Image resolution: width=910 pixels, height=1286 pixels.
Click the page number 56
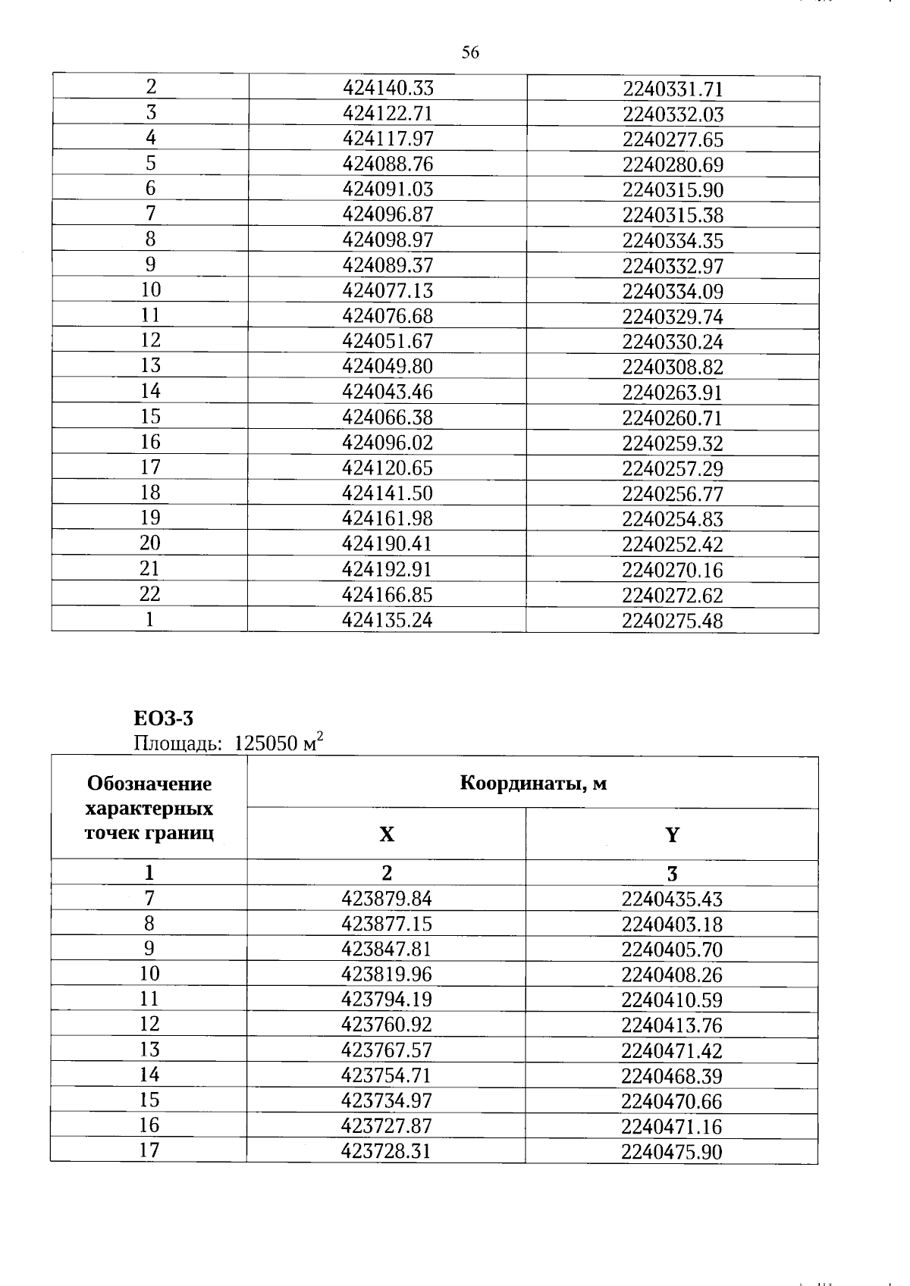tap(470, 52)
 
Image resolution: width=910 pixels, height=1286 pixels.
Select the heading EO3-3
tap(163, 717)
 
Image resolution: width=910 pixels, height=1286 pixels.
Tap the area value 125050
tap(265, 743)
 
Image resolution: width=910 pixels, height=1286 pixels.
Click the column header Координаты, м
tap(533, 783)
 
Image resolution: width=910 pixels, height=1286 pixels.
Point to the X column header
tap(387, 834)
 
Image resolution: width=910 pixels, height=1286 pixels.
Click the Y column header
tap(672, 834)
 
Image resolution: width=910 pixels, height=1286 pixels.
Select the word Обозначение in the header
tap(149, 783)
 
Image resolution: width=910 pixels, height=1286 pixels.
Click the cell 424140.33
tap(388, 88)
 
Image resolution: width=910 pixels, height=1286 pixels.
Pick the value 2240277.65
tap(673, 139)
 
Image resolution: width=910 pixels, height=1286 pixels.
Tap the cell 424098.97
tap(388, 239)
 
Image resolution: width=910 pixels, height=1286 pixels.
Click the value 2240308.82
tap(673, 368)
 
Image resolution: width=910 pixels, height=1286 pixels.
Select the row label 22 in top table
tap(150, 594)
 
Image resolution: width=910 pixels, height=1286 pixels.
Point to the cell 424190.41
tap(388, 543)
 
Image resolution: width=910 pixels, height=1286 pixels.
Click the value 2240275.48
tap(673, 621)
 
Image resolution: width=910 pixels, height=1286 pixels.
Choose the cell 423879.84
tap(387, 899)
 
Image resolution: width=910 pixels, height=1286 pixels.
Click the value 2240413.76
tap(672, 1025)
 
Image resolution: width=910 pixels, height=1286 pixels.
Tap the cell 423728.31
tap(387, 1151)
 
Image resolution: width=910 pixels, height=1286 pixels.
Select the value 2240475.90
tap(672, 1152)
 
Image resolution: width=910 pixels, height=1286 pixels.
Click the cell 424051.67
tap(388, 341)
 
